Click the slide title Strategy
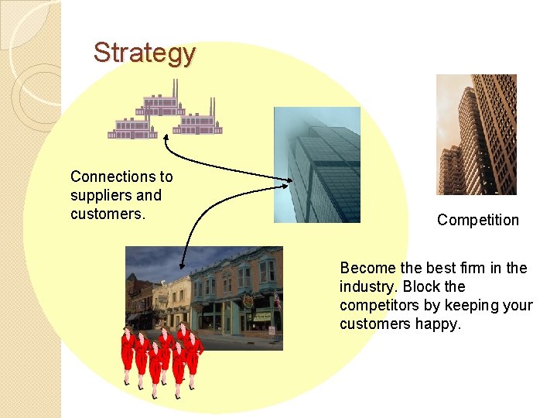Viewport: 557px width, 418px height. [x=145, y=53]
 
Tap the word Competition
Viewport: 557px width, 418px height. [x=477, y=220]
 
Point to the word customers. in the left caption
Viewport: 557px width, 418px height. [x=108, y=214]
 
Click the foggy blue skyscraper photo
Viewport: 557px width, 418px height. [x=317, y=165]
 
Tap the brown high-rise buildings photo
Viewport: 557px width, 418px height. [x=476, y=134]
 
